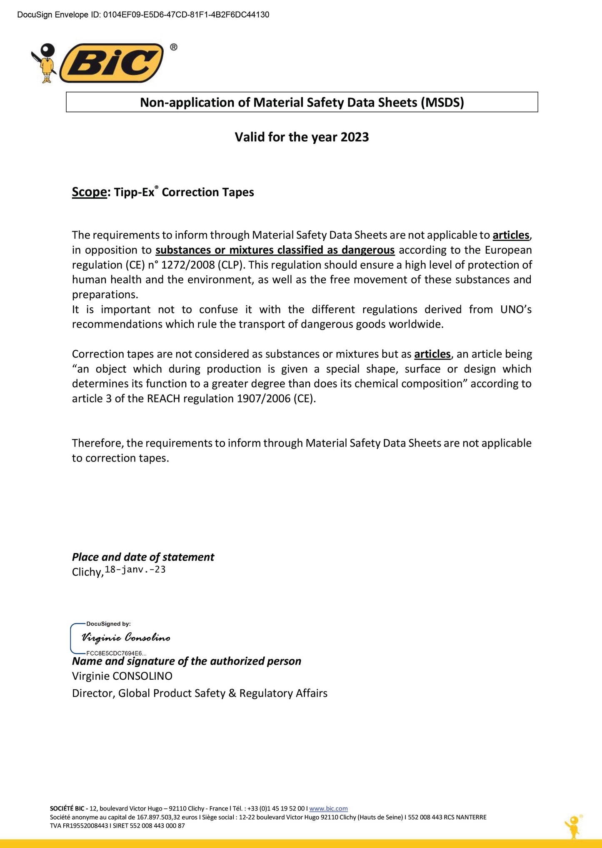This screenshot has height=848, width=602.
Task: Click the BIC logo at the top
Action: [x=111, y=63]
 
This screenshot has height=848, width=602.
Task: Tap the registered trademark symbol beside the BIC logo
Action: [x=174, y=47]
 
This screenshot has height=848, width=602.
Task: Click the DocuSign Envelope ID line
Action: [x=143, y=15]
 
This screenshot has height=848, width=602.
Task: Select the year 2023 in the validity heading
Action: [x=355, y=137]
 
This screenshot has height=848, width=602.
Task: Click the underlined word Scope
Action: [x=89, y=192]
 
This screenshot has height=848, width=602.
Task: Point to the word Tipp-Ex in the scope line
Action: [x=134, y=192]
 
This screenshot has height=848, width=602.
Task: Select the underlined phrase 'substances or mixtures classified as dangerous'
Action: [x=275, y=250]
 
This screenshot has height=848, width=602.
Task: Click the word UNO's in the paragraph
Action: [x=515, y=309]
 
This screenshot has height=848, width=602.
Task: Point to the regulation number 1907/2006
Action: [x=263, y=399]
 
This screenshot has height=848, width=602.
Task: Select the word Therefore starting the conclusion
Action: [x=97, y=443]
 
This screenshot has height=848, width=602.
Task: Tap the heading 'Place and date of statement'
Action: [x=143, y=557]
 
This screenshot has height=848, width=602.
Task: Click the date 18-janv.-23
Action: [x=135, y=569]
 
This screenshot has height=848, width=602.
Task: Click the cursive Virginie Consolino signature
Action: [x=126, y=638]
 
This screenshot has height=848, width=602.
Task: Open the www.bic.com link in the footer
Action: [x=328, y=808]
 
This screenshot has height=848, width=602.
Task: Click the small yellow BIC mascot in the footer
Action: [x=574, y=826]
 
